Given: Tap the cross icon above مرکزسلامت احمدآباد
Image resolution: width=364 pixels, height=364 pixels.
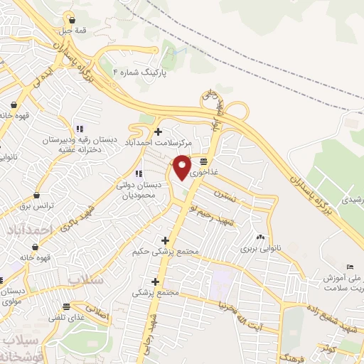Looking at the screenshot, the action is point(157,131).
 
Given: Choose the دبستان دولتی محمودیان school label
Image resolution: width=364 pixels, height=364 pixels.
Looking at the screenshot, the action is point(139,189).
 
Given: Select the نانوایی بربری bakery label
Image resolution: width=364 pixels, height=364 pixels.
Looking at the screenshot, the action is point(259,249).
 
